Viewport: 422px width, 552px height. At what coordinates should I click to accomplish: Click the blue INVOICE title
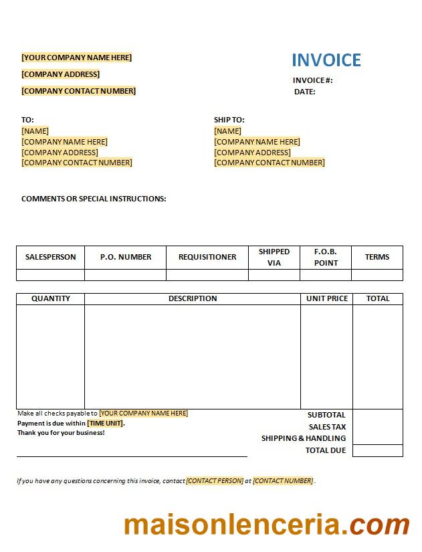326,60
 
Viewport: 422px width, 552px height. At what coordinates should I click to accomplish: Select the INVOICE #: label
312,80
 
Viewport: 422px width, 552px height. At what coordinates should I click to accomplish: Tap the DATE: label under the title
304,92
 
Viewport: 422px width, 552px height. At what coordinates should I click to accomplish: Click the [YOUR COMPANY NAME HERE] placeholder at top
77,58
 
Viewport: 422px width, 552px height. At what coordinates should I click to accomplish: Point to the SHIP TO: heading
229,120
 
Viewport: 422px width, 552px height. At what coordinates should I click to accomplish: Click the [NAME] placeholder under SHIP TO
227,131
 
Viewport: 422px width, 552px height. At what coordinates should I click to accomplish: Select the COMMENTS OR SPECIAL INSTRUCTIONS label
94,199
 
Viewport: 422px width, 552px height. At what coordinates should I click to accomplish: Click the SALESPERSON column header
50,257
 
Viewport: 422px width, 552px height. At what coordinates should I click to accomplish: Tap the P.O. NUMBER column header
126,257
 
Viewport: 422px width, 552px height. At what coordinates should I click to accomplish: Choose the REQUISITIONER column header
207,257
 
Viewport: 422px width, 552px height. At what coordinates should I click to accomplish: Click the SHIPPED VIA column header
274,257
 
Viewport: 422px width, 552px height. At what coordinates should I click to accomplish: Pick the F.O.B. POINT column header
326,257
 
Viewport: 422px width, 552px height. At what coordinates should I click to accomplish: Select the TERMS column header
377,257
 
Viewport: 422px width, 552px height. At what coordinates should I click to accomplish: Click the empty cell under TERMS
377,275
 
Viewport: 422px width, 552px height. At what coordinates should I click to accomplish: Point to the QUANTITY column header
51,298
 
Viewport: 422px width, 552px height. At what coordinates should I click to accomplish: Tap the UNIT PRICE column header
327,298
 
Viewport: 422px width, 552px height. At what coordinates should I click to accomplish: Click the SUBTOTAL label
326,415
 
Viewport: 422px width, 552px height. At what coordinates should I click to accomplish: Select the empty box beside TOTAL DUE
378,451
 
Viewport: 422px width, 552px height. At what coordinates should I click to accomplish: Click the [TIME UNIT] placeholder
105,423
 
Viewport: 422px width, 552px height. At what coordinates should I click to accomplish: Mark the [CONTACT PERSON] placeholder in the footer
215,480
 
